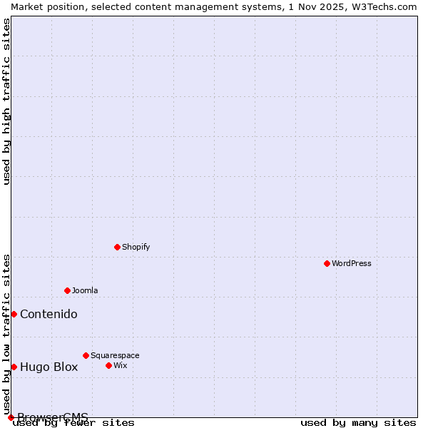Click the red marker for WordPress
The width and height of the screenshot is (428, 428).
(x=327, y=263)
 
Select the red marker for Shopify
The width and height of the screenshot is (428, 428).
(x=117, y=247)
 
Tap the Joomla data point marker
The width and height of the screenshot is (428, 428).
(x=67, y=290)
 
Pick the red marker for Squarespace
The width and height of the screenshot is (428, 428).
(x=86, y=355)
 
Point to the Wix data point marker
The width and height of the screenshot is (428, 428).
(x=108, y=365)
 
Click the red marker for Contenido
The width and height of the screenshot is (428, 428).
(x=14, y=314)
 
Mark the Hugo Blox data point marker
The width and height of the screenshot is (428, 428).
(x=14, y=367)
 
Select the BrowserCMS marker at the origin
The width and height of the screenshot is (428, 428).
(x=11, y=417)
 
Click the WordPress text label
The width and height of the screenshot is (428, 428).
(x=352, y=263)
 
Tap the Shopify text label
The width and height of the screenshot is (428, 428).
(x=136, y=247)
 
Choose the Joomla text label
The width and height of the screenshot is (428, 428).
(x=85, y=290)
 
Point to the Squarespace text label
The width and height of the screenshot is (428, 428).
(x=115, y=355)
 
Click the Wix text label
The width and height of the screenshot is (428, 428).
(x=120, y=365)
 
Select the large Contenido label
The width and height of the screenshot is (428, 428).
(x=49, y=315)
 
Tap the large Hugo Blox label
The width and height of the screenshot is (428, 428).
(x=49, y=367)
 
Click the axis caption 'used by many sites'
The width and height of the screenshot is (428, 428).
(x=358, y=423)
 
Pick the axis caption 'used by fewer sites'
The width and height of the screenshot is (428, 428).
(x=74, y=423)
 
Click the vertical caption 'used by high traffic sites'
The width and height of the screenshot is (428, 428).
(x=6, y=101)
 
